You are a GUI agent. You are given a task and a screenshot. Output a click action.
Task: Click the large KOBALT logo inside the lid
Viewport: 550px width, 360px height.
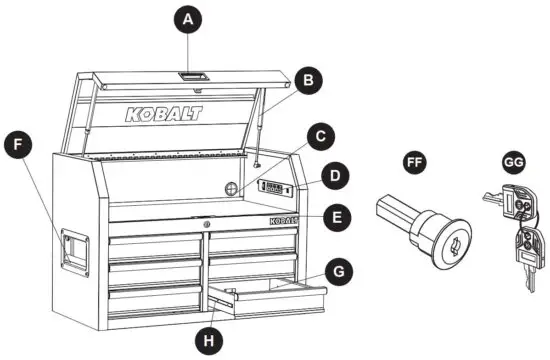tap(163, 114)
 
